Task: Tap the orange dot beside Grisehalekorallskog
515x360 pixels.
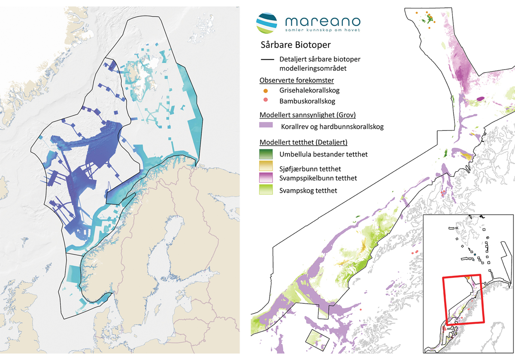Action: [x=266, y=91]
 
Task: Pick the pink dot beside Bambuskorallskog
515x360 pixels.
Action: [x=266, y=100]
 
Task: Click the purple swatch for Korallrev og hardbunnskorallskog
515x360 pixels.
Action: [x=266, y=127]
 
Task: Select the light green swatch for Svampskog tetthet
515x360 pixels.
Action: [x=266, y=190]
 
